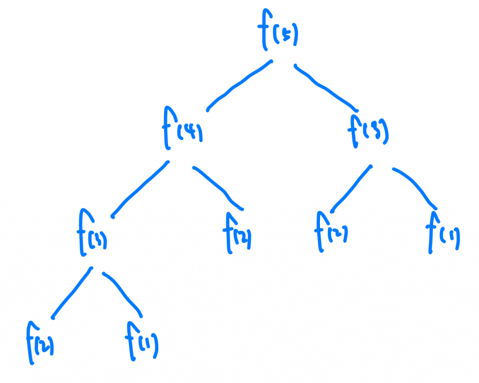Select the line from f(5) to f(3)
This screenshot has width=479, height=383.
(x=325, y=87)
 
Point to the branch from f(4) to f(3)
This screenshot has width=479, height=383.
(x=139, y=190)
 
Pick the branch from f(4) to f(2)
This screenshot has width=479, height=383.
(x=219, y=187)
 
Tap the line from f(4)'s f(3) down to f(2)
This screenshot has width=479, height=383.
(x=71, y=293)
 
